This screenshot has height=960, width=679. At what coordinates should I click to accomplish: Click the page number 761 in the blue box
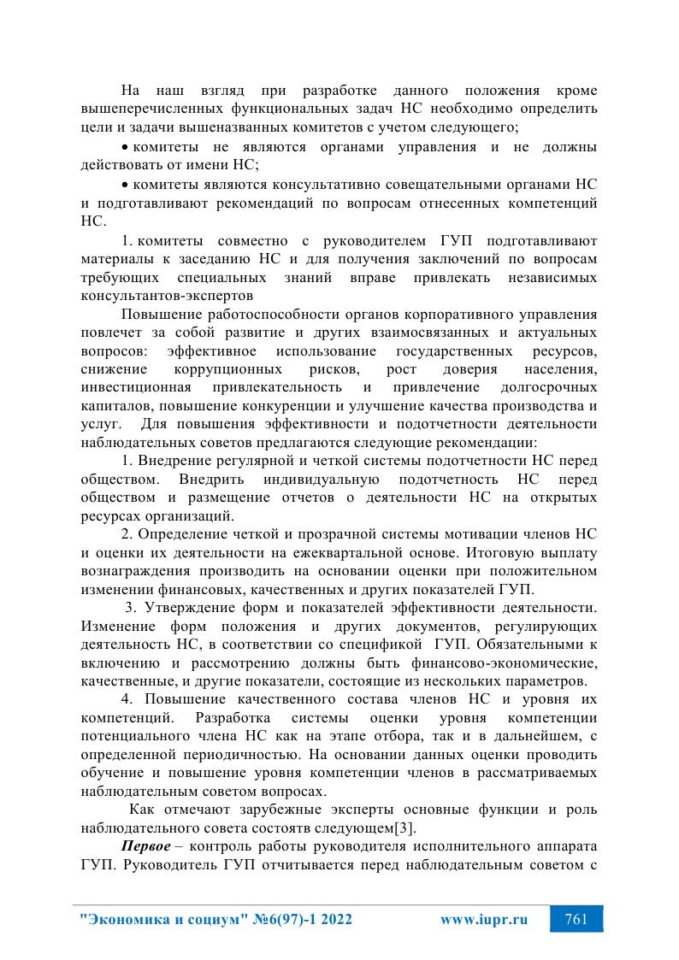coord(576,921)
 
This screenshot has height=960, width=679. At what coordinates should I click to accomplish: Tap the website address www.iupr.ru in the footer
coord(483,921)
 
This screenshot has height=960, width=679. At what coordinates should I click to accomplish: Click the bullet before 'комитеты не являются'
coord(124,147)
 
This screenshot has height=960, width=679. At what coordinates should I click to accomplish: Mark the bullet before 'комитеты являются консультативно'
coord(124,185)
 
